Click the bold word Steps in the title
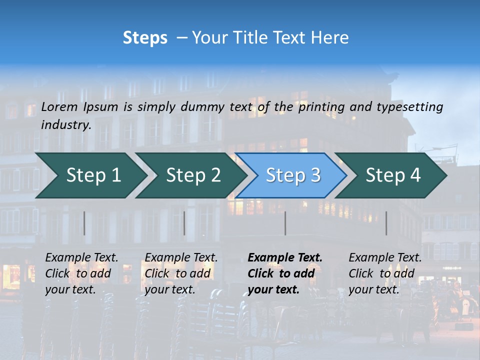[x=145, y=38]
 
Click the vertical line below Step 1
[x=84, y=223]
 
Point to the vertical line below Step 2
[x=184, y=223]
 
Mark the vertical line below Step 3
[x=285, y=223]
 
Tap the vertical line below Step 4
[x=386, y=223]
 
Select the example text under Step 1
[x=81, y=273]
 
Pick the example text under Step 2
[x=181, y=273]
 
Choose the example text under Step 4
[x=385, y=273]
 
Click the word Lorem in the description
[x=59, y=107]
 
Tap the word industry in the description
[x=66, y=125]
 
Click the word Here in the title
[x=332, y=38]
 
